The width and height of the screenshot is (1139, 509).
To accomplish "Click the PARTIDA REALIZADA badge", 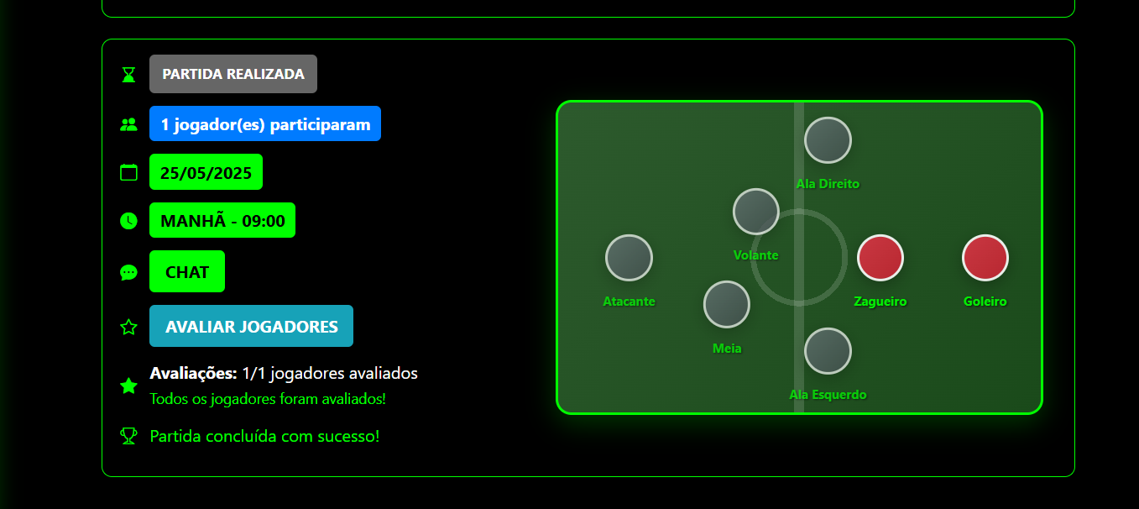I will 233,74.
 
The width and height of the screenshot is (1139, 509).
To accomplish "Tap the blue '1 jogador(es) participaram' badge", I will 265,124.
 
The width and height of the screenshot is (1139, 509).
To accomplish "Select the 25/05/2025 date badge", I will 206,173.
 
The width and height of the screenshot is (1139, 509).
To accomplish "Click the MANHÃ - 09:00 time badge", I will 222,221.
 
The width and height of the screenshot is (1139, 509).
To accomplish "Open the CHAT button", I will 187,272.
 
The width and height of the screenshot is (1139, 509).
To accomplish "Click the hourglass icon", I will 128,75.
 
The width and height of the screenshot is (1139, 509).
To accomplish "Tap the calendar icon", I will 128,173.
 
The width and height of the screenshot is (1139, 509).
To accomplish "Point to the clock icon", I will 128,221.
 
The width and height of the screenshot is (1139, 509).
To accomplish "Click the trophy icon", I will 128,436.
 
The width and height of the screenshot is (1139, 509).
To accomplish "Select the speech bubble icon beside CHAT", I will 128,272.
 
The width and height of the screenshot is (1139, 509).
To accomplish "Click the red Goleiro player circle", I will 985,258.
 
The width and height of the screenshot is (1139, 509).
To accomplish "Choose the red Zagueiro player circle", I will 880,258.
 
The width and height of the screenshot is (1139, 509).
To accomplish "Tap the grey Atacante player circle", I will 629,258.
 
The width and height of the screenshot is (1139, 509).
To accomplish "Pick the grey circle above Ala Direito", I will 828,140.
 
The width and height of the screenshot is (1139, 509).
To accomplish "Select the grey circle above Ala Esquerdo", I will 828,351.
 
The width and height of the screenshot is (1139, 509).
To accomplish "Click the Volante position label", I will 755,255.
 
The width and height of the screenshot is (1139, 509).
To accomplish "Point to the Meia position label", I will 727,349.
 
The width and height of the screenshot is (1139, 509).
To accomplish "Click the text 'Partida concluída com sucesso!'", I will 264,436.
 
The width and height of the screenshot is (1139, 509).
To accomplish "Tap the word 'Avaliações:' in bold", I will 193,374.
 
